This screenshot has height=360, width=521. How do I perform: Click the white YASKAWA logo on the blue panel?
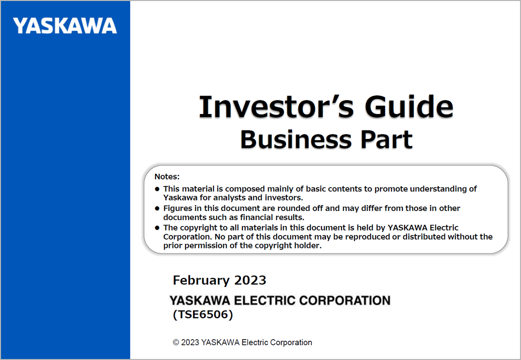point(65,26)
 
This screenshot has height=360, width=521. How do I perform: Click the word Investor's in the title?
point(276,106)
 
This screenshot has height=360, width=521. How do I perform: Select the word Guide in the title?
point(409,106)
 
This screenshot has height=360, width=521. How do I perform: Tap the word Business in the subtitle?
point(296,139)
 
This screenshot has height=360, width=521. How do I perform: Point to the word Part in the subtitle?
point(386,139)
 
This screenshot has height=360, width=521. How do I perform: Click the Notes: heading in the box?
point(167,176)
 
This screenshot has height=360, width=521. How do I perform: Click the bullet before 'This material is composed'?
point(157,189)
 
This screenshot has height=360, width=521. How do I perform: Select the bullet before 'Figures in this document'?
point(157,208)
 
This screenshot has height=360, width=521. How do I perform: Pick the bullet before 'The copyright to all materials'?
point(157,227)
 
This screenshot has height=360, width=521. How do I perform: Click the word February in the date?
point(201,280)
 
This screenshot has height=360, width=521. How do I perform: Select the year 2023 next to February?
point(250,280)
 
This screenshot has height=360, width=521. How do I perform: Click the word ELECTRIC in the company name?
point(265,300)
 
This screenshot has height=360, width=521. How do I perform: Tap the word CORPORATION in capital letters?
point(345,300)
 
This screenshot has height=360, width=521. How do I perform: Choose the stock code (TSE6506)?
point(203,314)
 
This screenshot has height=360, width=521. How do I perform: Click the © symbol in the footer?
point(176,342)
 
